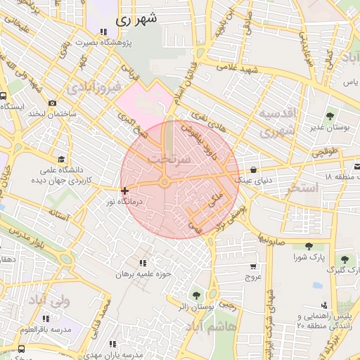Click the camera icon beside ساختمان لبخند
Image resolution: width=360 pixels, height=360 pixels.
[x=52, y=103]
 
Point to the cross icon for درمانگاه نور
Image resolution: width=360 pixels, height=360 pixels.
[x=124, y=191]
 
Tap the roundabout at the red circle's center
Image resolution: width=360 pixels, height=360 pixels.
[x=164, y=183]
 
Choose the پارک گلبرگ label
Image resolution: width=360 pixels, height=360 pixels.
[x=344, y=269]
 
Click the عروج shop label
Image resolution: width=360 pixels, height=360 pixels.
[x=252, y=278]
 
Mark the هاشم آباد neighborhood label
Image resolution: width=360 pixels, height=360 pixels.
[x=213, y=327]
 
